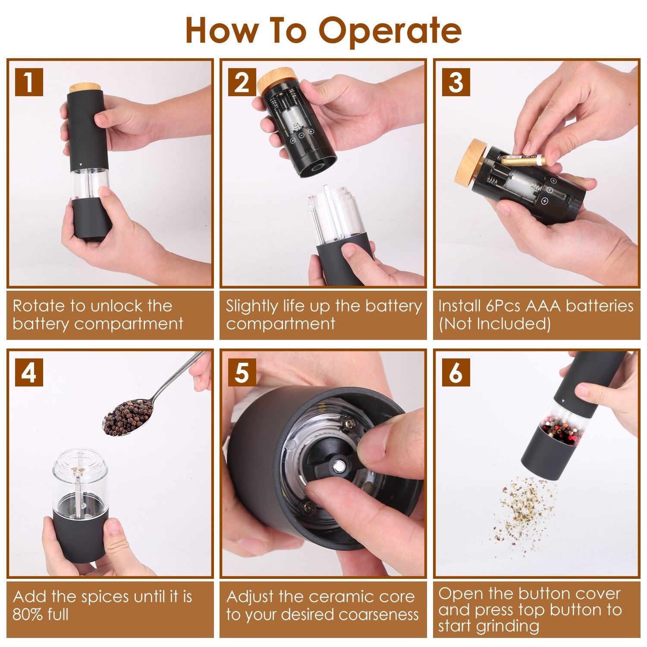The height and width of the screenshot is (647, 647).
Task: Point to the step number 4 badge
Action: tap(29, 372)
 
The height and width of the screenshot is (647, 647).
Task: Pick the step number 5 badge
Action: tap(242, 372)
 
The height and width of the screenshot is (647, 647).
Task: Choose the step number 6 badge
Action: tap(456, 372)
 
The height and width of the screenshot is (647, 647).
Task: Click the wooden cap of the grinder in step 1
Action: tap(85, 88)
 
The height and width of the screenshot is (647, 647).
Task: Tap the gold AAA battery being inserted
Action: tap(524, 161)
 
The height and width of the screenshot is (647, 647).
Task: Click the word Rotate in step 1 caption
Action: tap(39, 306)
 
